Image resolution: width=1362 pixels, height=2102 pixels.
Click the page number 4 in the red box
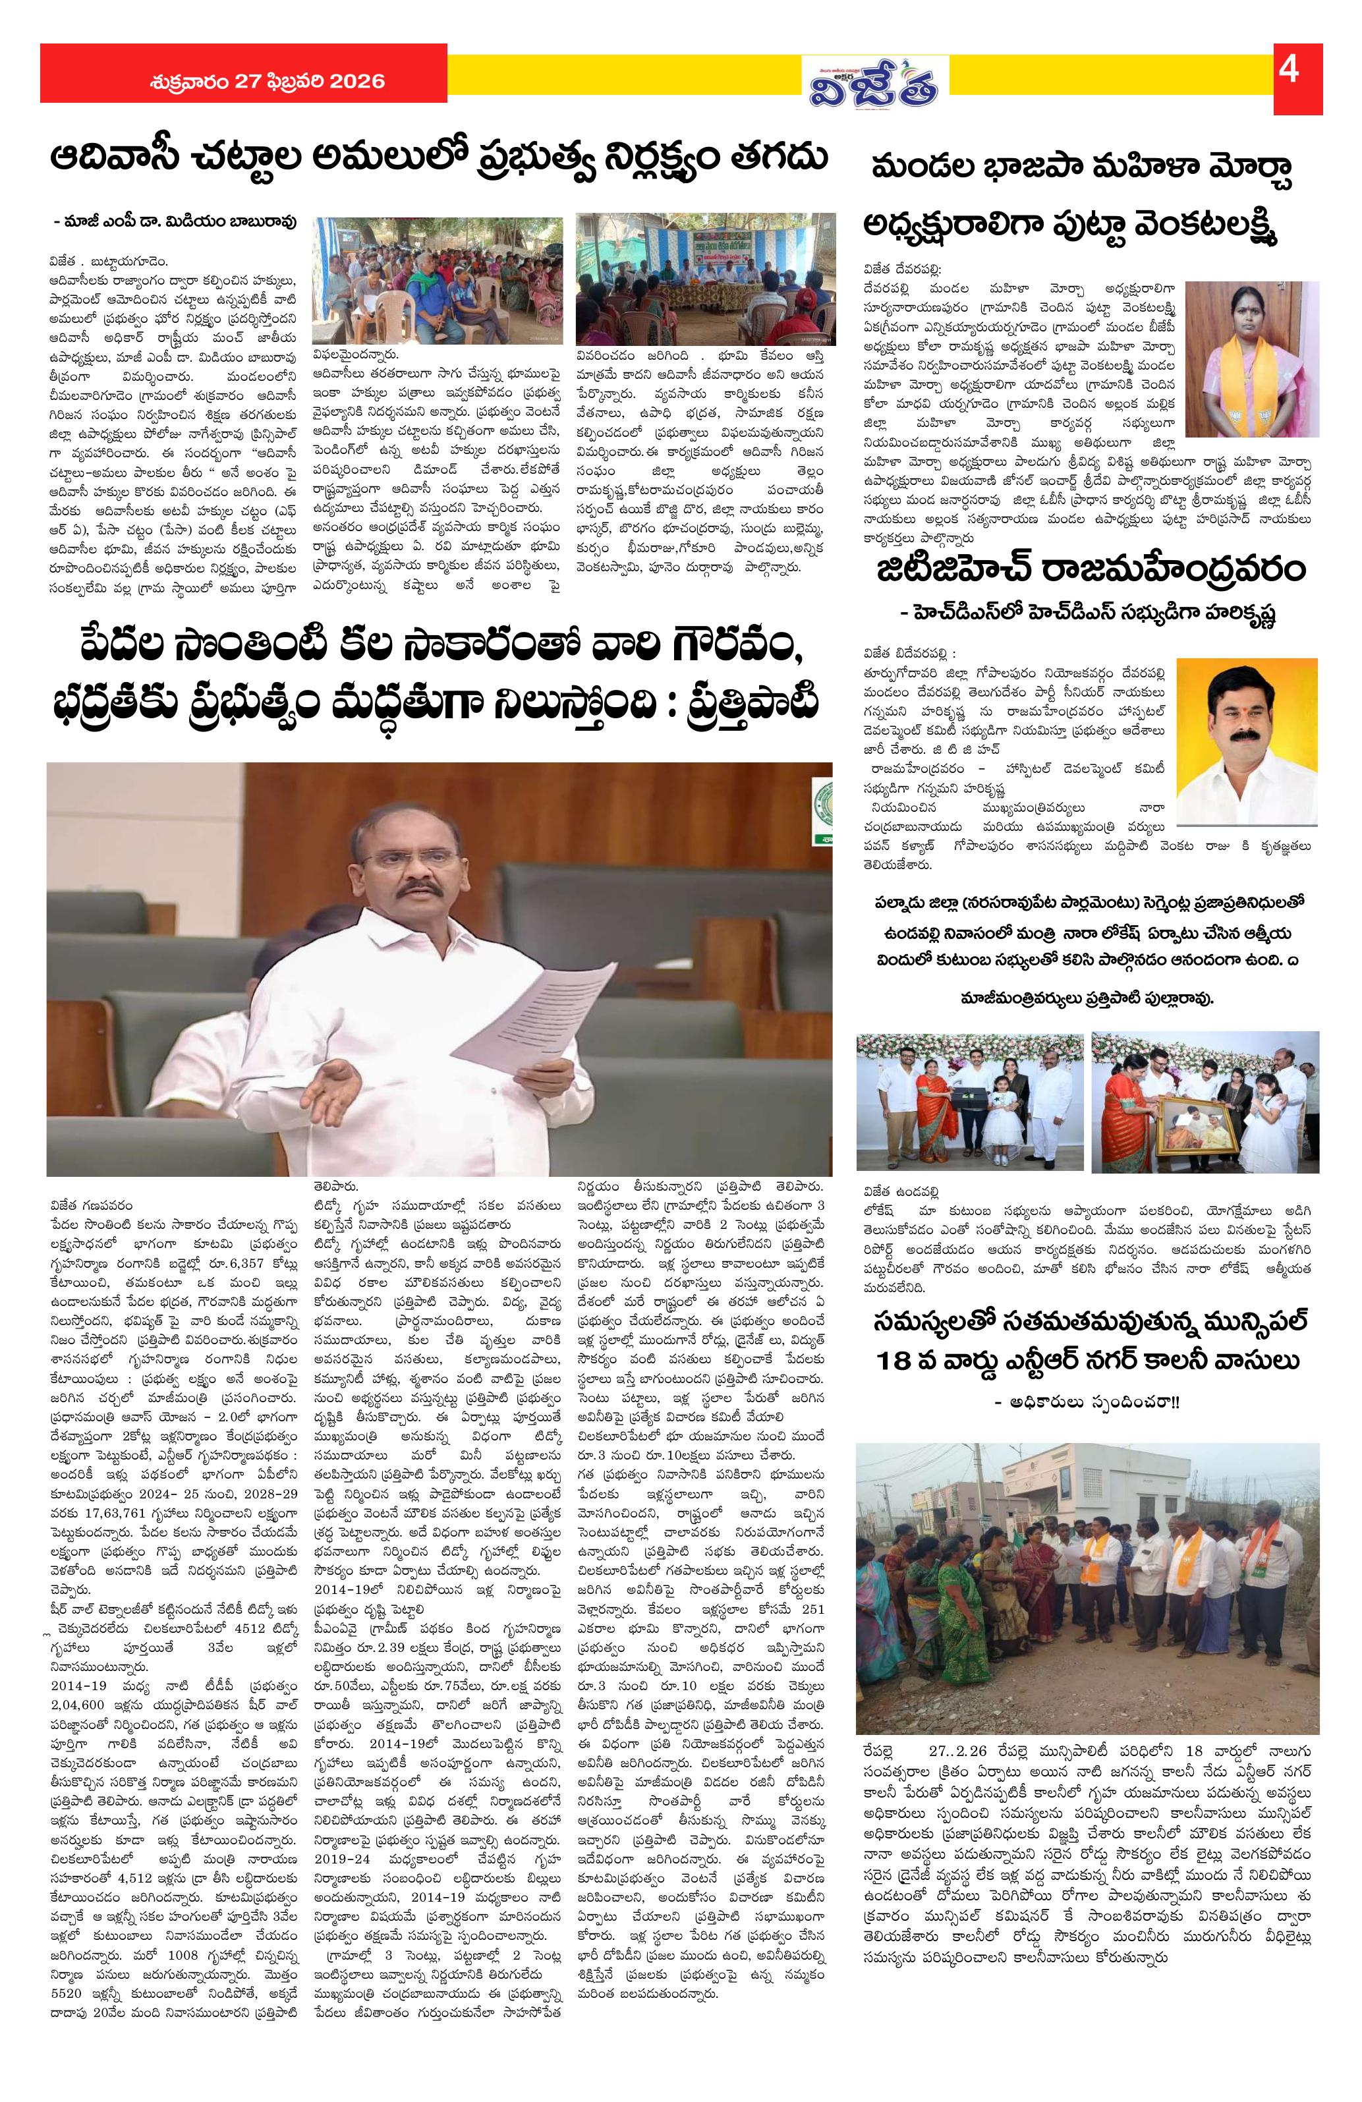coord(1288,70)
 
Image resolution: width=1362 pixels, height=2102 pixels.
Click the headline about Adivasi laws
coord(439,159)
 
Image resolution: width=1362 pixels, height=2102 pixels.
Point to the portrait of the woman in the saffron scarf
coord(1251,360)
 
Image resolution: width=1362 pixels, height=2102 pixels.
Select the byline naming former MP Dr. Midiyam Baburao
coord(175,221)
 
